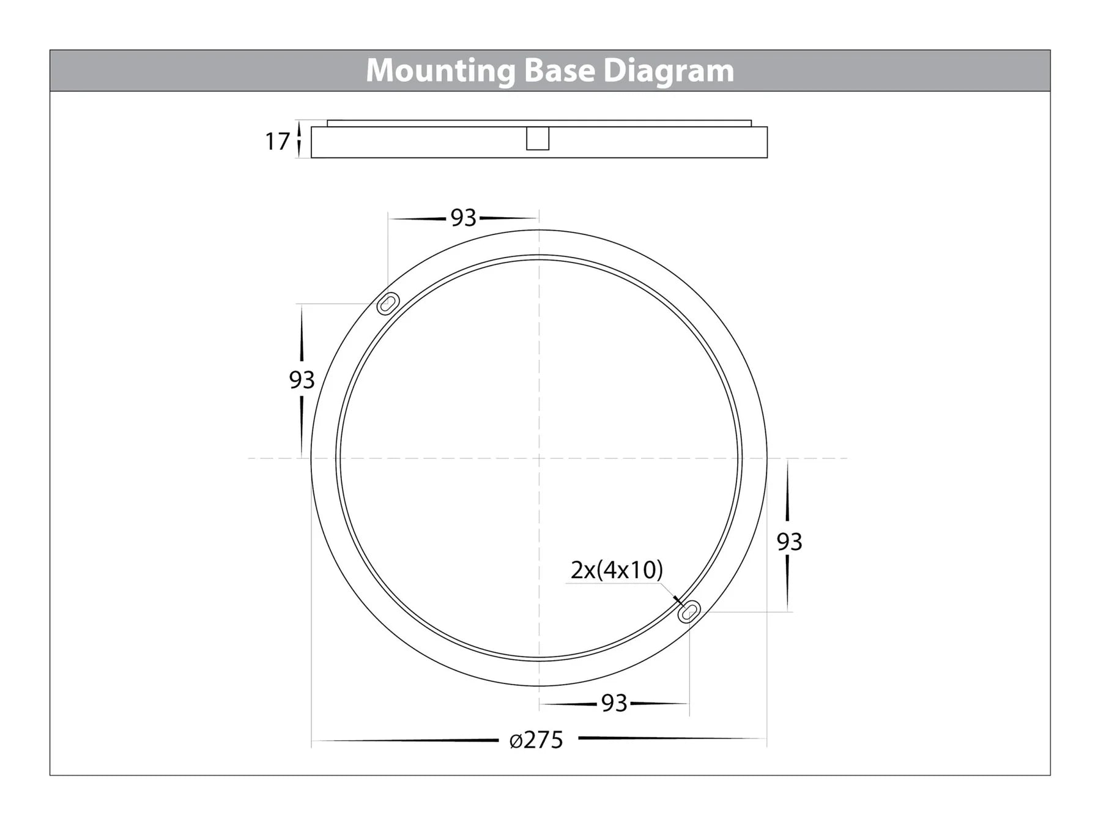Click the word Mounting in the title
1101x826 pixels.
click(x=440, y=72)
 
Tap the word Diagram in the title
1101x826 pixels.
click(x=669, y=72)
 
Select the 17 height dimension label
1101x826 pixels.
click(x=276, y=141)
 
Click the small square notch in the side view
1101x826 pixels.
click(x=538, y=138)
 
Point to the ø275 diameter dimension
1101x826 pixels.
click(x=536, y=740)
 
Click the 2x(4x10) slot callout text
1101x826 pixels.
click(x=617, y=570)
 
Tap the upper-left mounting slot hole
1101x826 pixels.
click(x=388, y=303)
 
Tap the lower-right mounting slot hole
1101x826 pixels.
click(x=689, y=611)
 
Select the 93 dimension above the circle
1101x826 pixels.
click(x=463, y=218)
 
